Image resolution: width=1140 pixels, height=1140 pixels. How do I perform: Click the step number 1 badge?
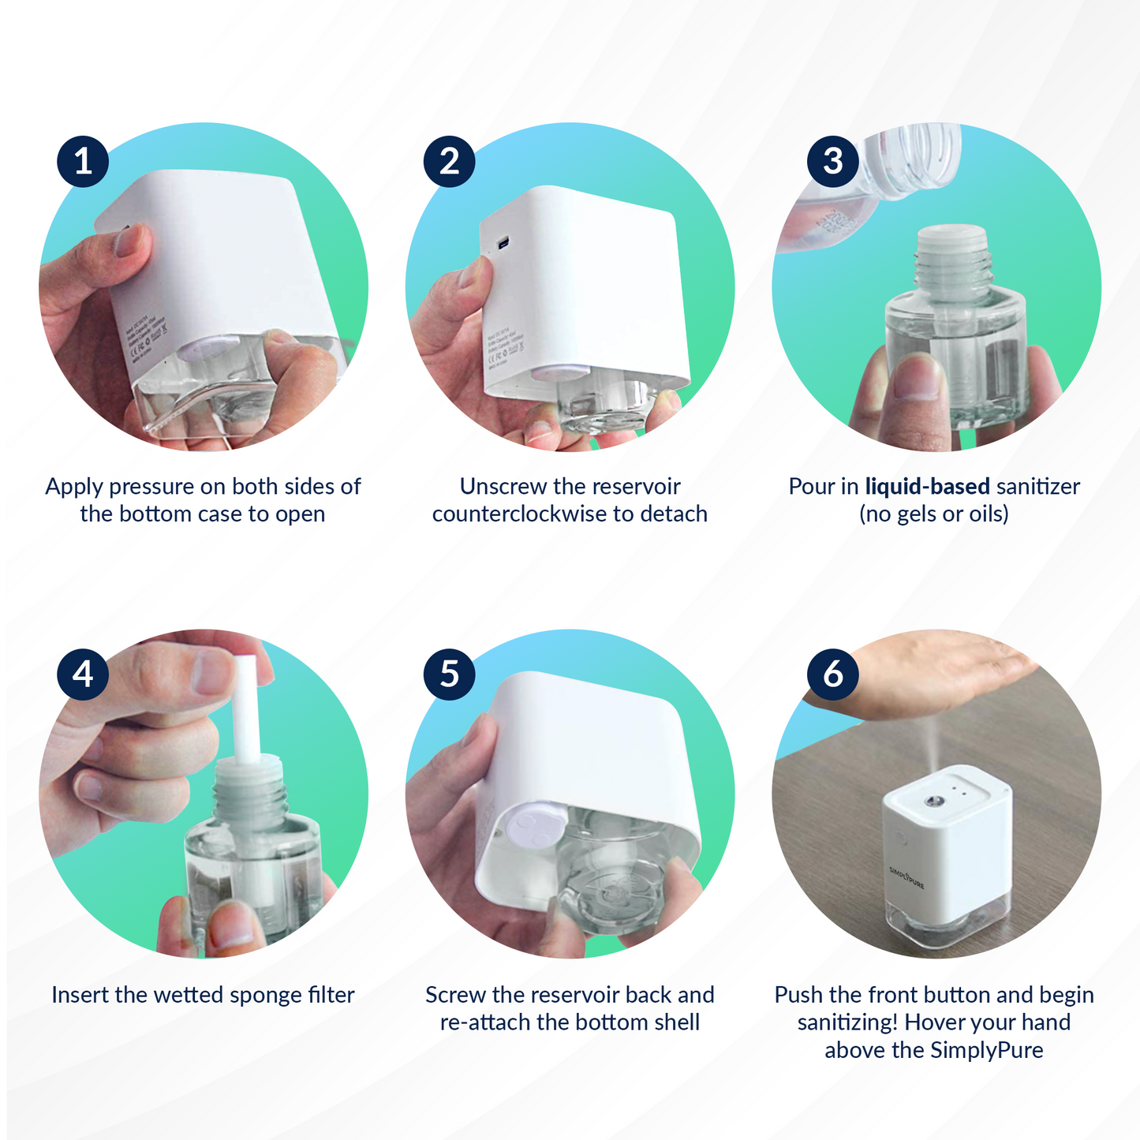(83, 162)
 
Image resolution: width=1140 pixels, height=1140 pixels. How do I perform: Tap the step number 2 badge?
(449, 162)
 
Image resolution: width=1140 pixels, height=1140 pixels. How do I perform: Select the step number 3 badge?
(833, 162)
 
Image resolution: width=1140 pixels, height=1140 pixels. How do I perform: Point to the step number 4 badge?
(83, 675)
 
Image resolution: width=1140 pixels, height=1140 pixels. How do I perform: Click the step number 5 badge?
(449, 675)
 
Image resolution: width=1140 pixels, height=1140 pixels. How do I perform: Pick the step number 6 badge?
(833, 675)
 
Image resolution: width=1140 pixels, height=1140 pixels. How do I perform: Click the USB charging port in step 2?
(505, 241)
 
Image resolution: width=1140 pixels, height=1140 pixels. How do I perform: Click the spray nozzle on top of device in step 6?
(932, 802)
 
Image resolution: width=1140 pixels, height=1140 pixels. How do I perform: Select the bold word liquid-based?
(927, 487)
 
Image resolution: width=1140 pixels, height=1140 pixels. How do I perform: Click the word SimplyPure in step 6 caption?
(986, 1051)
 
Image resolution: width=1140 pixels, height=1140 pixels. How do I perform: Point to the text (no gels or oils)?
(933, 514)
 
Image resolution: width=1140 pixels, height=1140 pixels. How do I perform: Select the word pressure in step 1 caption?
(151, 487)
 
